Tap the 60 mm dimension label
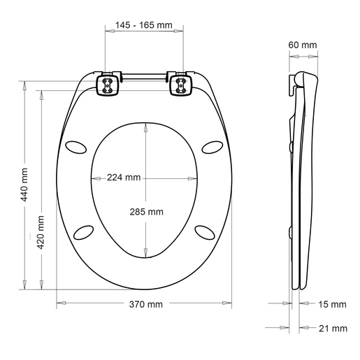click(x=302, y=45)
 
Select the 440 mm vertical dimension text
click(x=25, y=185)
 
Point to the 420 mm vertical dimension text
click(x=41, y=233)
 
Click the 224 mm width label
click(x=124, y=178)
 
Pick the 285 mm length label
click(x=146, y=212)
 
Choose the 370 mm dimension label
click(x=145, y=304)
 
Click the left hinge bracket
click(x=108, y=86)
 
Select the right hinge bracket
click(x=180, y=86)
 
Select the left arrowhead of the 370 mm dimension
click(x=59, y=303)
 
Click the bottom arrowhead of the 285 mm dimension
click(x=145, y=254)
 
